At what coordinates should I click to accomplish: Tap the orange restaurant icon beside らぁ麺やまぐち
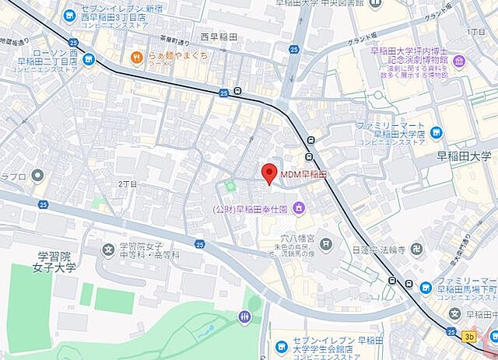136,56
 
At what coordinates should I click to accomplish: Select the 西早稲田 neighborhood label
220,37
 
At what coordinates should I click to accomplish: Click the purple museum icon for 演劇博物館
459,61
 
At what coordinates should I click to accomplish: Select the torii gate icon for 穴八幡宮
324,245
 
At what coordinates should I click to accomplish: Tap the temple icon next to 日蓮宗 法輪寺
420,250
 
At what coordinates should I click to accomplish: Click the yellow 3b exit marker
468,337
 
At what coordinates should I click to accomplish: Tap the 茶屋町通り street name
174,42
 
